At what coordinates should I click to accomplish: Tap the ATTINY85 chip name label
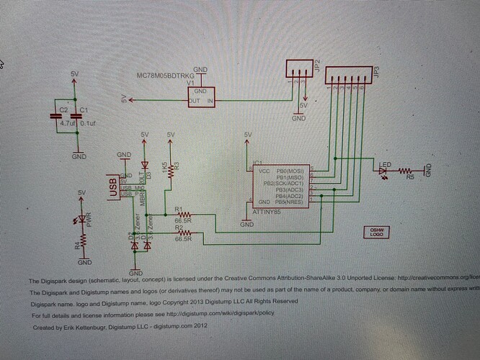[x=268, y=212]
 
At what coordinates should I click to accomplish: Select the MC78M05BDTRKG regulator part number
[x=166, y=76]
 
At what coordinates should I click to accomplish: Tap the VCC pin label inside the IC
[x=263, y=171]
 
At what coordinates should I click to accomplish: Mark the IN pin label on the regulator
[x=211, y=102]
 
